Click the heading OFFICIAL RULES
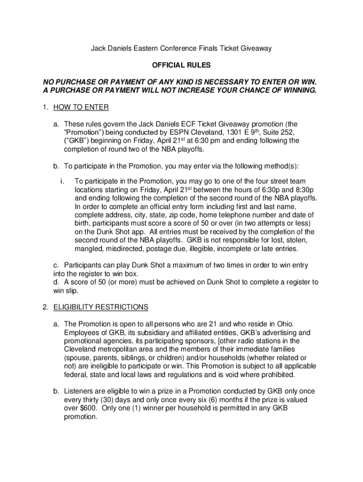(181, 65)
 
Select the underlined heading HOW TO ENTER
(81, 107)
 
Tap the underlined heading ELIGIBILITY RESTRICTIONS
(100, 307)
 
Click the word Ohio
(284, 324)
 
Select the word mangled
(88, 249)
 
